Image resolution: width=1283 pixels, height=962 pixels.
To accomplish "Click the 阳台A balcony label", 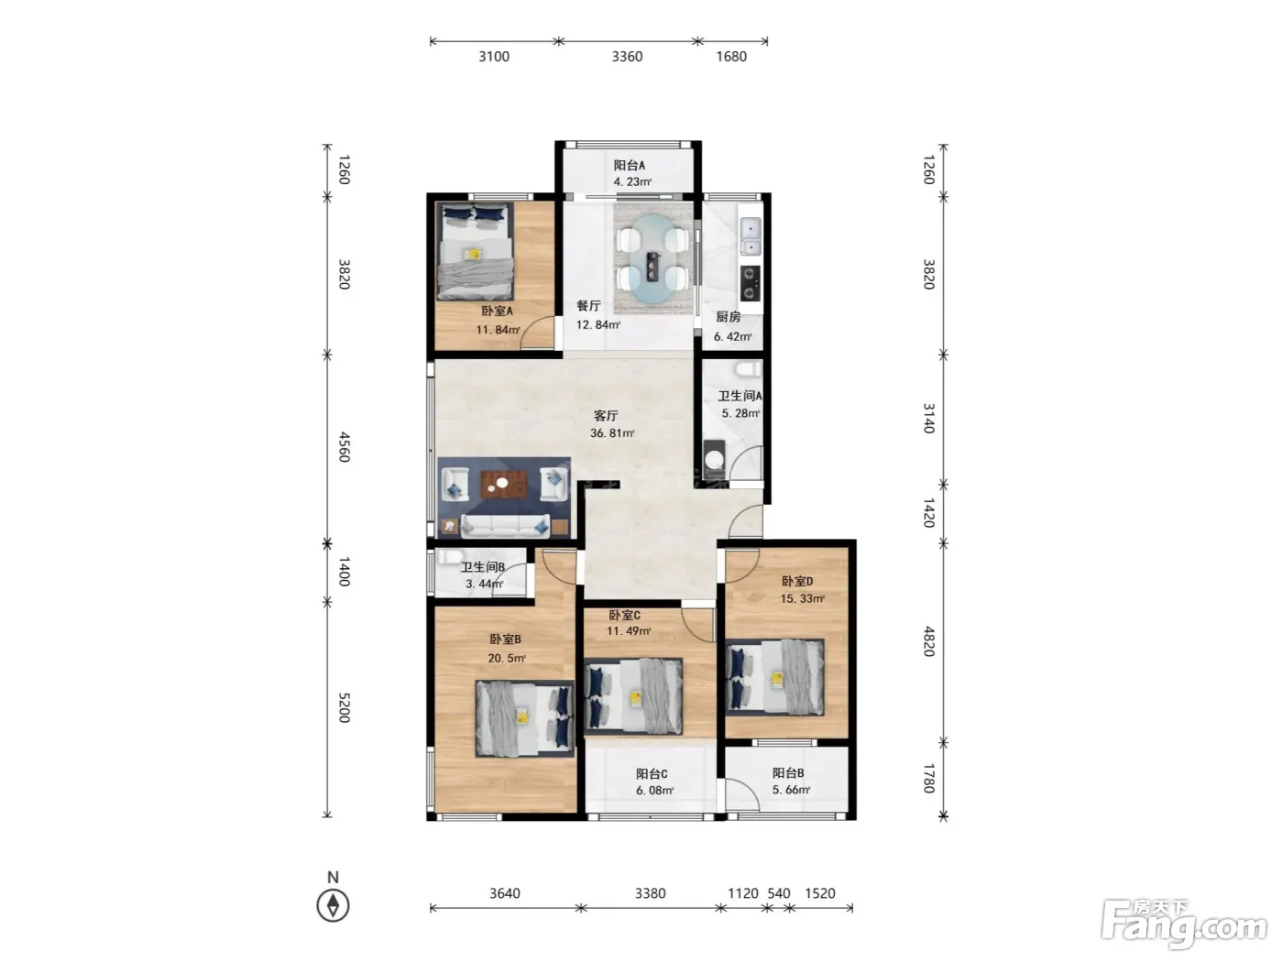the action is pyautogui.click(x=629, y=165).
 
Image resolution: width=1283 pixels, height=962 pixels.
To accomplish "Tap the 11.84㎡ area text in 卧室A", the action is pyautogui.click(x=498, y=330).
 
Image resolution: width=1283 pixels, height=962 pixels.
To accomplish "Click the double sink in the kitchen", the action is pyautogui.click(x=750, y=237).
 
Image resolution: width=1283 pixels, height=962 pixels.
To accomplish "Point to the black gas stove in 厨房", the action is pyautogui.click(x=750, y=283).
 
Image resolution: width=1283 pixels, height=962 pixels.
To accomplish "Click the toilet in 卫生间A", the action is pyautogui.click(x=748, y=368).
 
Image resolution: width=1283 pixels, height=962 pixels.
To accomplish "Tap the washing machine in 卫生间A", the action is pyautogui.click(x=714, y=458).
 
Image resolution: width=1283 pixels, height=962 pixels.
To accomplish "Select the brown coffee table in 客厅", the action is pyautogui.click(x=503, y=485).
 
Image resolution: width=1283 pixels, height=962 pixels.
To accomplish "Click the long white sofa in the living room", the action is pyautogui.click(x=505, y=526).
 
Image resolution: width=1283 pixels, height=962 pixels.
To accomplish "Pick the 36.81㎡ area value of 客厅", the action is pyautogui.click(x=612, y=432).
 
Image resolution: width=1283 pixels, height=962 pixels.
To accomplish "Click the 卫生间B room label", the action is pyautogui.click(x=482, y=566).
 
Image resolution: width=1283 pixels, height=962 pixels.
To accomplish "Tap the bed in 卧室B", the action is pyautogui.click(x=524, y=718).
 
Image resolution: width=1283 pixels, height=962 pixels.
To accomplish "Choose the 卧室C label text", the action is pyautogui.click(x=624, y=615).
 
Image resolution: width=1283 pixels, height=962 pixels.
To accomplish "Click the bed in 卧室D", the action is pyautogui.click(x=775, y=677).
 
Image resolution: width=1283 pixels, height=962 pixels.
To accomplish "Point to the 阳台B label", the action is pyautogui.click(x=788, y=772).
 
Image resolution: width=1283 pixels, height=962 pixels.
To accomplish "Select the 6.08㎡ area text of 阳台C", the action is pyautogui.click(x=654, y=791).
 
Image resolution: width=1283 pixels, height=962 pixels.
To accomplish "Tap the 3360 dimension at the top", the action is pyautogui.click(x=627, y=57).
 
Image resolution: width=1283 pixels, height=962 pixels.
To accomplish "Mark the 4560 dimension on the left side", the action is pyautogui.click(x=345, y=447).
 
